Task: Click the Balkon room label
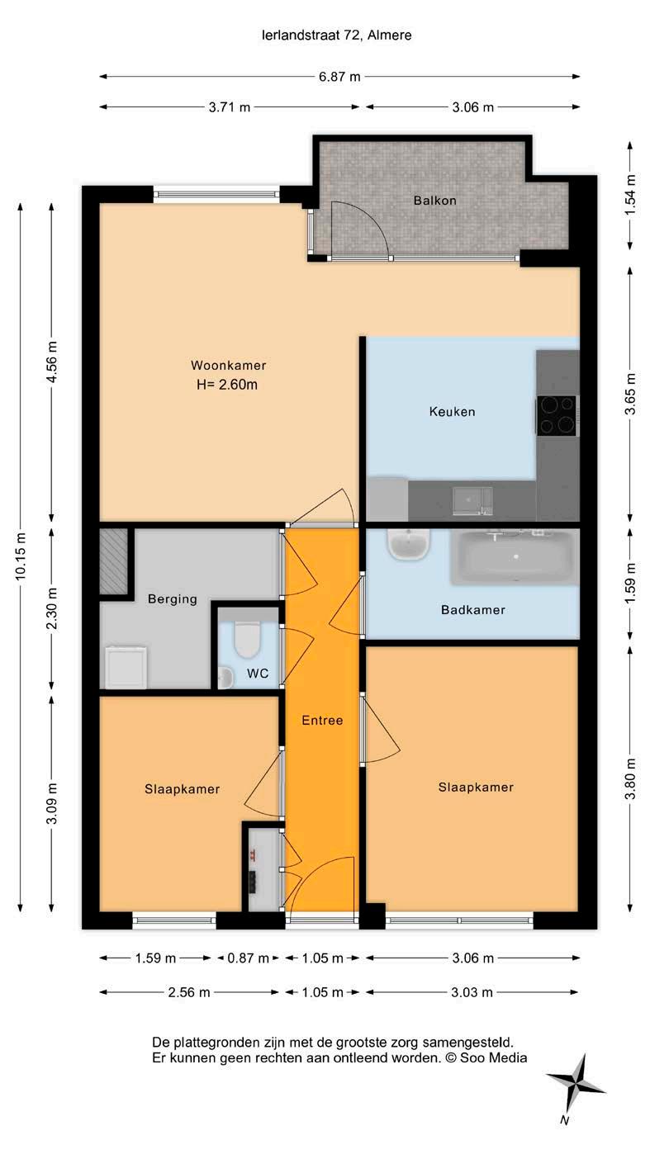point(434,201)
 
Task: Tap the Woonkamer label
point(228,365)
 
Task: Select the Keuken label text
point(452,412)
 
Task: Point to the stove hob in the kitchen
point(556,416)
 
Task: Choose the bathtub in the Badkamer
point(515,557)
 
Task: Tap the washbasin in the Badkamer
point(408,544)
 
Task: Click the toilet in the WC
point(248,640)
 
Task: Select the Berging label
point(172,599)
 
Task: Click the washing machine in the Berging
point(126,668)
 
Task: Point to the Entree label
point(322,721)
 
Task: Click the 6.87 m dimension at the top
point(339,77)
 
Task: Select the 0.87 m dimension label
point(248,958)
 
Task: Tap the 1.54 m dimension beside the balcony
point(630,196)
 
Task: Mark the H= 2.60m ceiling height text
point(227,385)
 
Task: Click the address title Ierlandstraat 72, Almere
point(337,35)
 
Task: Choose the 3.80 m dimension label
point(630,778)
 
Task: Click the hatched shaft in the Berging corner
point(113,560)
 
